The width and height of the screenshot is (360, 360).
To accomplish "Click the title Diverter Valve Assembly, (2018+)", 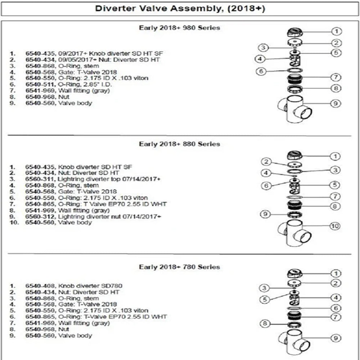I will tap(180, 9).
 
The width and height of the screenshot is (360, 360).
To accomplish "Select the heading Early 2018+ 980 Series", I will tap(179, 28).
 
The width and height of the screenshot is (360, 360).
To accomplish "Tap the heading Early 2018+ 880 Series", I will tap(179, 144).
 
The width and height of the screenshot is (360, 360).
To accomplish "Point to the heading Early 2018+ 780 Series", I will tap(179, 267).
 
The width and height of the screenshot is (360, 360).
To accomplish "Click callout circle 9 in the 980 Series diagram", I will tap(335, 103).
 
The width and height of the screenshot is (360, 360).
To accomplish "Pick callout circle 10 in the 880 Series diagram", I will tap(335, 226).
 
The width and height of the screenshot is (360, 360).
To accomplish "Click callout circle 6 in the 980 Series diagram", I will tap(261, 71).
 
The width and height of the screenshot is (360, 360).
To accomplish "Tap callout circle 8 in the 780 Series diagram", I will tap(265, 324).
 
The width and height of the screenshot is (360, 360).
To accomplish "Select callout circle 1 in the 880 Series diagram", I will tap(335, 156).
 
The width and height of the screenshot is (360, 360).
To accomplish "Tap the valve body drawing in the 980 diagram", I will tap(296, 110).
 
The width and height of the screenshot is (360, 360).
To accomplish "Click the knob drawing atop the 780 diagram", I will tap(293, 274).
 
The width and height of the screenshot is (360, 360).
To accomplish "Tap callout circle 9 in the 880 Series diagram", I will tap(265, 214).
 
